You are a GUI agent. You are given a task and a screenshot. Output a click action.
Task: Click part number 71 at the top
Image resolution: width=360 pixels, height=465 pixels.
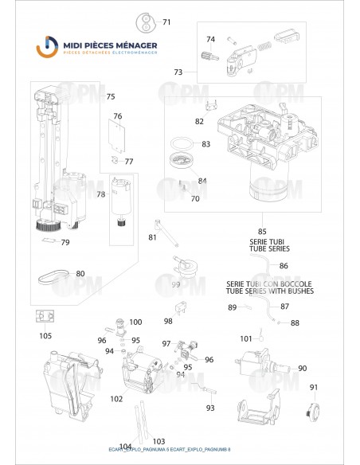coord(166,21)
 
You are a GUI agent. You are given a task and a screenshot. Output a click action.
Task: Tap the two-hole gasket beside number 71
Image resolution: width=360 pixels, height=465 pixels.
coord(144,21)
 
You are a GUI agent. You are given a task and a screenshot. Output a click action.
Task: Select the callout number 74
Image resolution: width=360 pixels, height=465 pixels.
coord(210,39)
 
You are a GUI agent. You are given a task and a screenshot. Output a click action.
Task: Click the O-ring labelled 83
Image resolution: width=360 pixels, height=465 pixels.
coord(183,144)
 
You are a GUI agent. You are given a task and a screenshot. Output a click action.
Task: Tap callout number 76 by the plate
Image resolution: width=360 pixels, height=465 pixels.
coord(117,116)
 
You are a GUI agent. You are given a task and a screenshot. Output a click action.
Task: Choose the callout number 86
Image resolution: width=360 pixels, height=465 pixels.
coord(284,265)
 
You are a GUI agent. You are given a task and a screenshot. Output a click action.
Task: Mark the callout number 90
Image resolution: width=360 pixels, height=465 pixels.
coord(302,368)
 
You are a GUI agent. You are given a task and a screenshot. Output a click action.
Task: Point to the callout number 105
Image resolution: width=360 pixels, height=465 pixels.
coord(45,335)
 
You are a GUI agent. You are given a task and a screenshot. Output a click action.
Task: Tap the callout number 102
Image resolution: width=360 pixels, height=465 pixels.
coord(116,398)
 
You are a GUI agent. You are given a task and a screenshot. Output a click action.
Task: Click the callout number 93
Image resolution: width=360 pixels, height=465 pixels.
coord(210,408)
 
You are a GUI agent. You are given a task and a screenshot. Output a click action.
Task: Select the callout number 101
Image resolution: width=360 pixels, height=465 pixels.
coord(246,338)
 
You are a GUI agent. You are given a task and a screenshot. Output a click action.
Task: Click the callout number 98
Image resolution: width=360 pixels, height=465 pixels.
coord(168,321)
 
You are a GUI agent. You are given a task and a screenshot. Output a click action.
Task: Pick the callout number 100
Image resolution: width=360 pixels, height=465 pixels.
coord(135,322)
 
